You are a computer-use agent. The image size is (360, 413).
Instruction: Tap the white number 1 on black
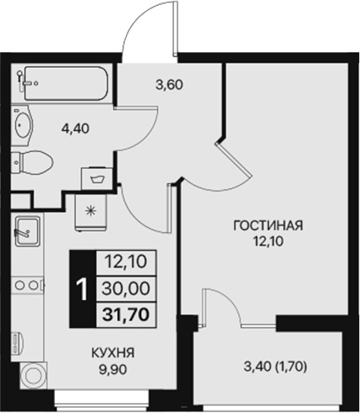82,289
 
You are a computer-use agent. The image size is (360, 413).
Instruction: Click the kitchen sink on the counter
27,229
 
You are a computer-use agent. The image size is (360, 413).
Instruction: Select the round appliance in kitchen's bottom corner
33,376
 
